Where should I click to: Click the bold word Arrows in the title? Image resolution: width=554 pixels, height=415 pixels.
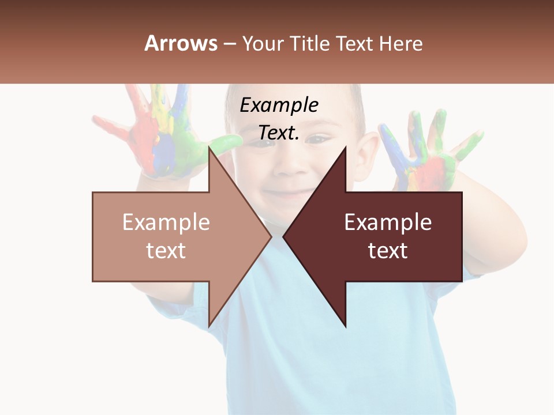181,43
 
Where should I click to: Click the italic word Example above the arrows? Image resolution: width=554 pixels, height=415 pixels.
279,105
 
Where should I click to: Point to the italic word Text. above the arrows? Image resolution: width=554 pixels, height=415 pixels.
279,133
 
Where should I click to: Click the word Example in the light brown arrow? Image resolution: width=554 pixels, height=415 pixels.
166,222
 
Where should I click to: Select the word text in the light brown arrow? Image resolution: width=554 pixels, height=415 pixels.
166,251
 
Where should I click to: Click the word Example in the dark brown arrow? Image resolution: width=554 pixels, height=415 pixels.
388,222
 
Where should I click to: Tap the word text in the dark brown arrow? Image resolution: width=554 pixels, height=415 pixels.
388,251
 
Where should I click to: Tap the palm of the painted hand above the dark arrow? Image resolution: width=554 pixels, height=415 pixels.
427,167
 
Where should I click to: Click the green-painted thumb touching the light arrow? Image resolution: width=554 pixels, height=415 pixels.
228,142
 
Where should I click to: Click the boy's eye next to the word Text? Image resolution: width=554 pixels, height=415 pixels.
317,138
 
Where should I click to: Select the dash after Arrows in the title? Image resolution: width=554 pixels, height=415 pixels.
229,44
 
